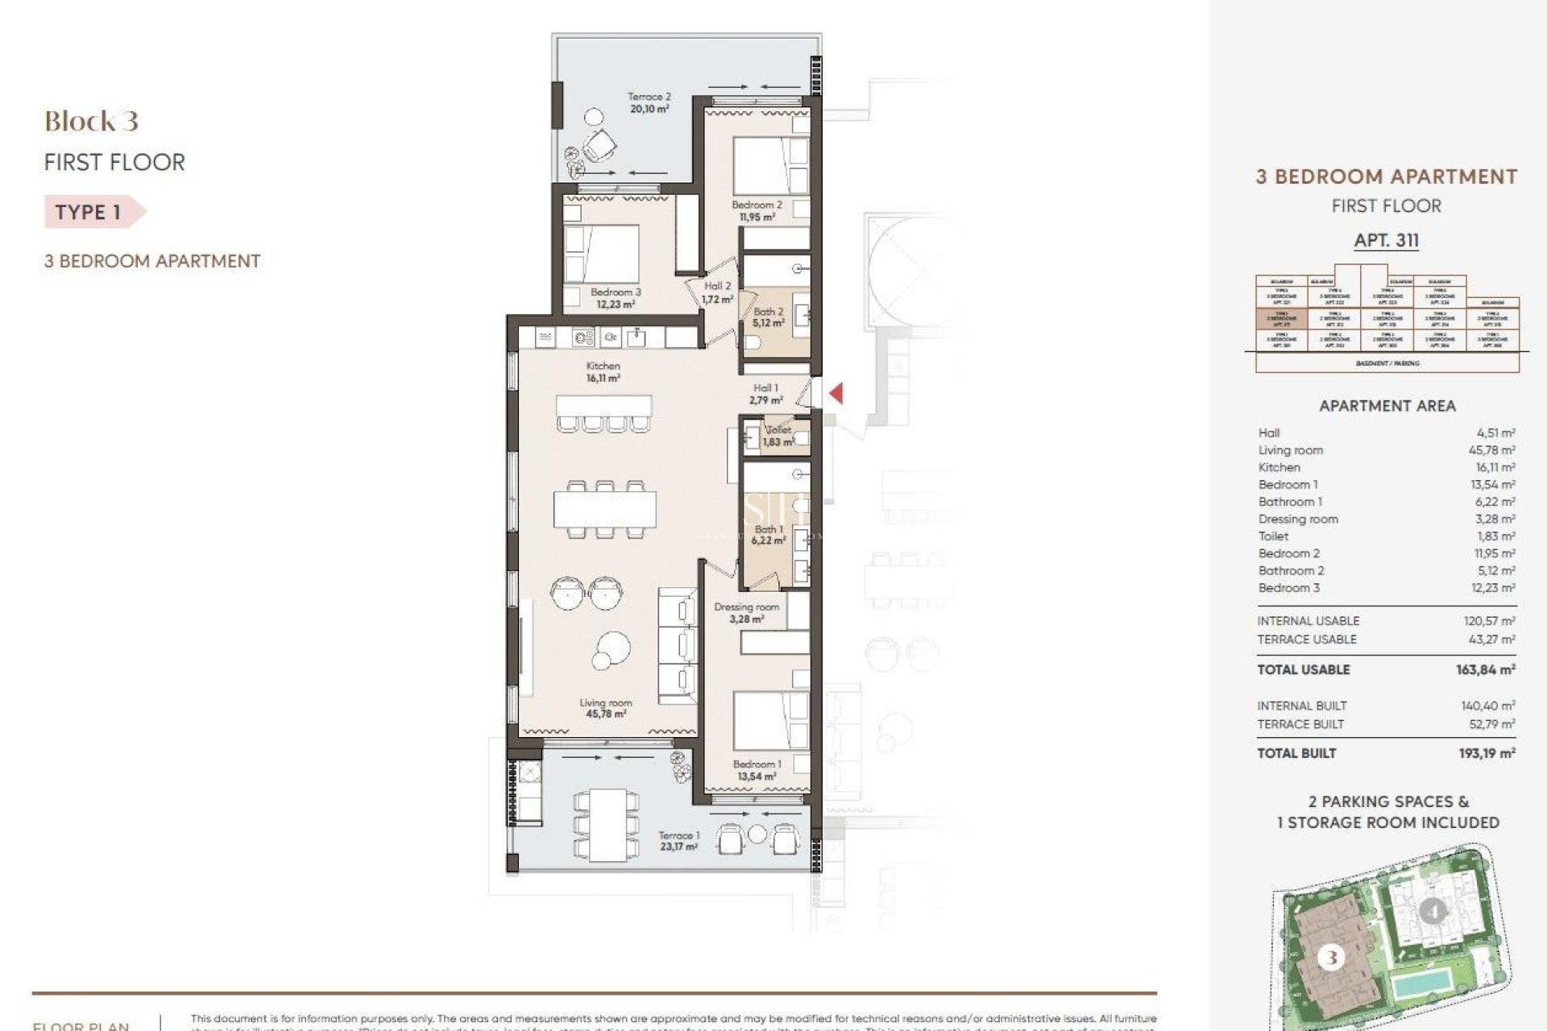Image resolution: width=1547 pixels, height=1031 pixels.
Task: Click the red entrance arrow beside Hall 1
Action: pos(836,393)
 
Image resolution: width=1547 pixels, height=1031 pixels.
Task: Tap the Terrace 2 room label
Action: pos(649,102)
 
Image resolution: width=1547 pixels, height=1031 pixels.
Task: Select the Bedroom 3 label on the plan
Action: pos(616,298)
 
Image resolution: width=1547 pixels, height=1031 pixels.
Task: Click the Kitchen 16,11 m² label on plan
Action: pos(603,371)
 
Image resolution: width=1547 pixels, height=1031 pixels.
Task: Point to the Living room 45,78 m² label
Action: pos(605,708)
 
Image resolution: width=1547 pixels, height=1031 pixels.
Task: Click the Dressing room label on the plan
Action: pos(746,612)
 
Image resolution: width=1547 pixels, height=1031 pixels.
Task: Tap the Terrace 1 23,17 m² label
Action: pos(678,841)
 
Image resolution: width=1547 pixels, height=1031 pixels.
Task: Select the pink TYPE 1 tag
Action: pos(90,212)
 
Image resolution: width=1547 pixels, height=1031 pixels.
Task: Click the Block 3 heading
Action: pos(91,122)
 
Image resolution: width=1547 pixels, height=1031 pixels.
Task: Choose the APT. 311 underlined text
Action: pos(1386,240)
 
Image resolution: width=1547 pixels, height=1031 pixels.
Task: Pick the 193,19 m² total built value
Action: pos(1487,753)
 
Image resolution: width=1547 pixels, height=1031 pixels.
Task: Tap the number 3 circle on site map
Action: pos(1330,958)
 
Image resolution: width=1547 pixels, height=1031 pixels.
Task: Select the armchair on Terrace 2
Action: pos(599,146)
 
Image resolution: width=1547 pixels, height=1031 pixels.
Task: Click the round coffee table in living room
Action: pos(613,645)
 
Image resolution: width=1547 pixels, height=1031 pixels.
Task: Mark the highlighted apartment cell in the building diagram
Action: pos(1281,319)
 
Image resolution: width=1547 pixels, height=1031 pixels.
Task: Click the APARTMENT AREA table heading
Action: pos(1387,406)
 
